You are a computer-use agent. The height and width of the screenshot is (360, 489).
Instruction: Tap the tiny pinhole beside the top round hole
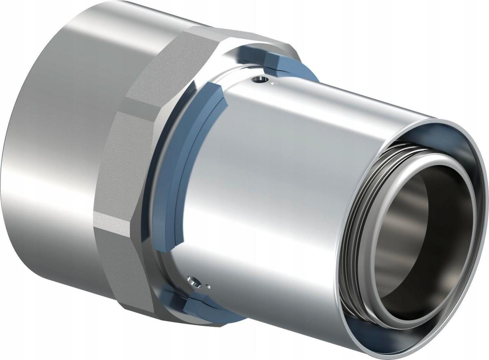click(274, 84)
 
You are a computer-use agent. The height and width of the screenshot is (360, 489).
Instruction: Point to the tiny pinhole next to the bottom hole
click(208, 285)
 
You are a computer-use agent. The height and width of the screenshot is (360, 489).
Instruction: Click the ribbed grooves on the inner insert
click(355, 228)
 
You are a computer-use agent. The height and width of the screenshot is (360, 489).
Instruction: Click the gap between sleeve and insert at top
click(428, 140)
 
